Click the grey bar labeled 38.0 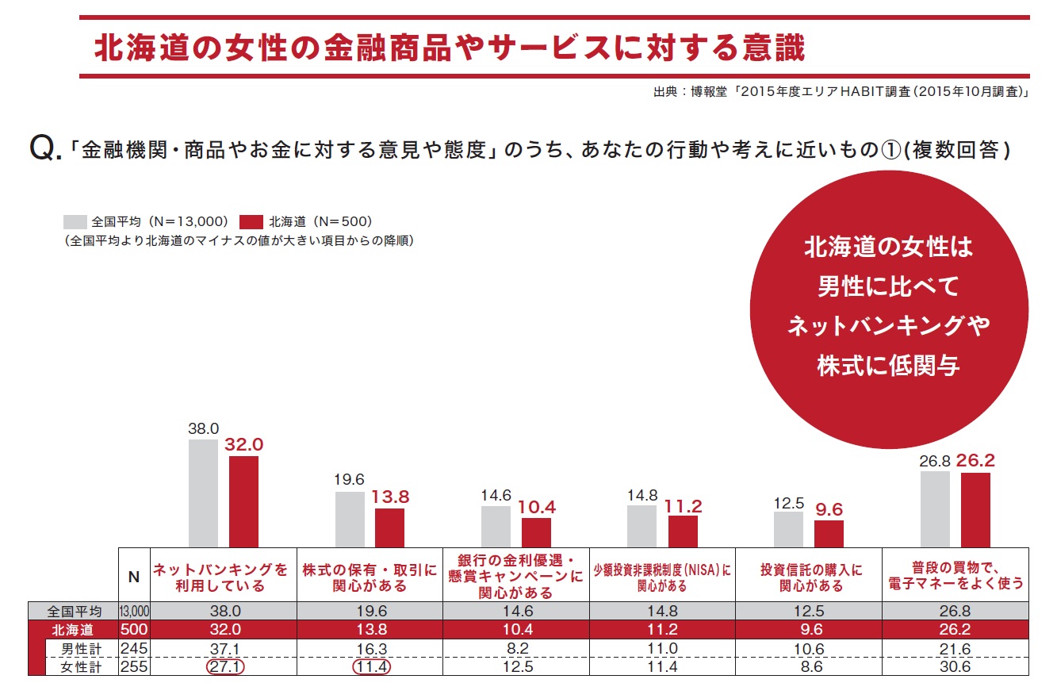pyautogui.click(x=203, y=493)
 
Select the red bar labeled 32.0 pyautogui.click(x=243, y=501)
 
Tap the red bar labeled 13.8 pyautogui.click(x=389, y=528)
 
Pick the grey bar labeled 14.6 pyautogui.click(x=496, y=526)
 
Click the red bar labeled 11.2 pyautogui.click(x=683, y=531)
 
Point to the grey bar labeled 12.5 pyautogui.click(x=788, y=529)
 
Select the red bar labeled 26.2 pyautogui.click(x=975, y=509)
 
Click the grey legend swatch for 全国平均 pyautogui.click(x=75, y=221)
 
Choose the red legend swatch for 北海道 pyautogui.click(x=251, y=221)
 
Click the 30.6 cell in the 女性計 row pyautogui.click(x=956, y=667)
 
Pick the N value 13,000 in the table pyautogui.click(x=134, y=612)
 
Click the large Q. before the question pyautogui.click(x=44, y=148)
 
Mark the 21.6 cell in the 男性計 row pyautogui.click(x=956, y=649)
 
